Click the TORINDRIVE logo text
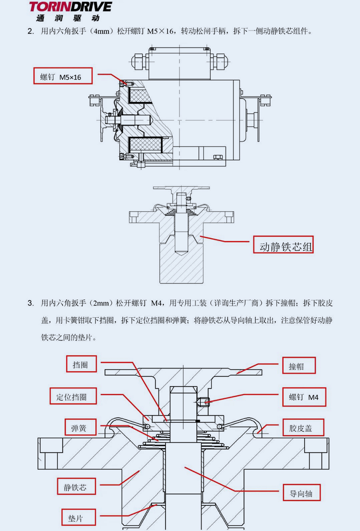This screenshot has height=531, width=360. [x=70, y=7]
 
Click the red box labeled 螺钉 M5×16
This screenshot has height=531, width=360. [x=63, y=76]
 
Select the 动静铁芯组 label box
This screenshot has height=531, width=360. [x=283, y=244]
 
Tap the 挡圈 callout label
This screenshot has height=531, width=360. [x=81, y=364]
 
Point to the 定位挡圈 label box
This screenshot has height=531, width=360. [x=73, y=396]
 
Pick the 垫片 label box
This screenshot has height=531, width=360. [x=78, y=517]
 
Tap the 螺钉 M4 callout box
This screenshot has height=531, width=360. [x=304, y=396]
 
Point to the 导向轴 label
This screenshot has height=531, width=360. [x=301, y=493]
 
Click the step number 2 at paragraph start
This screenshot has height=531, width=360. [x=30, y=31]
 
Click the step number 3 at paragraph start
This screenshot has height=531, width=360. [x=30, y=303]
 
